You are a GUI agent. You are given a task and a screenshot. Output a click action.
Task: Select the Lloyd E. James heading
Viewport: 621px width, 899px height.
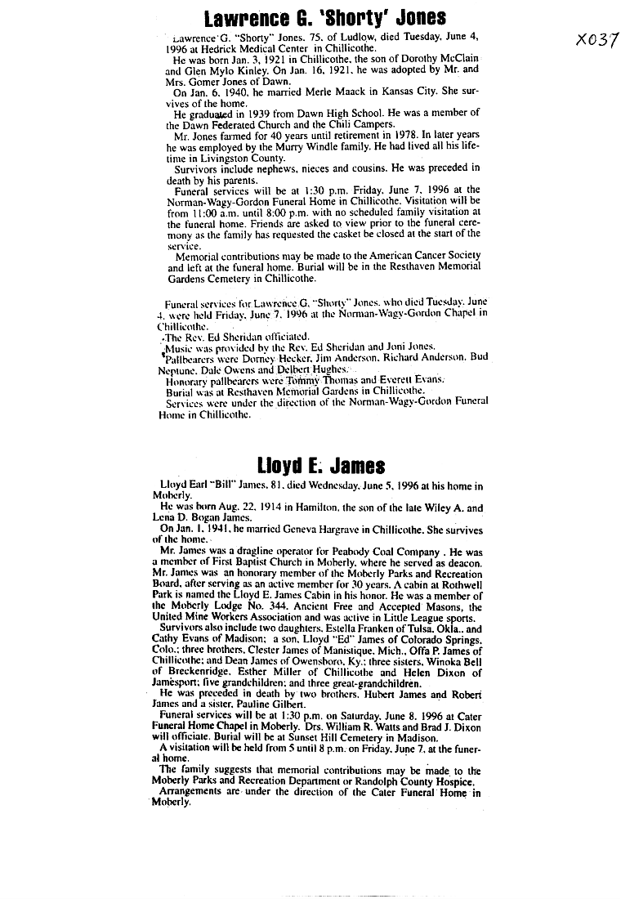[321, 466]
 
